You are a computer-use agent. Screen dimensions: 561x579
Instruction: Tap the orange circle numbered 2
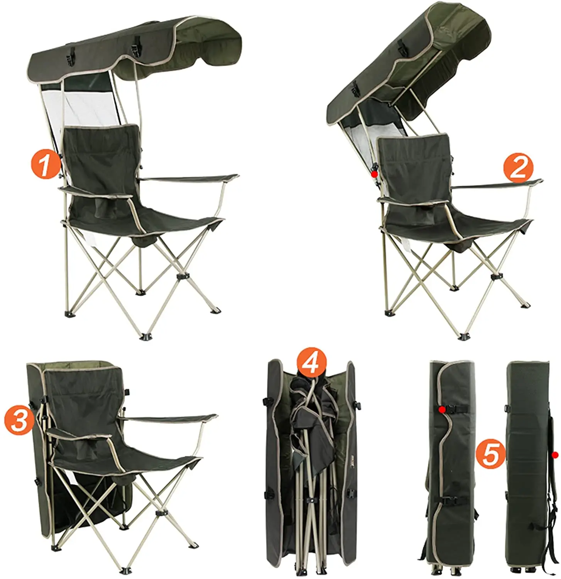(x=518, y=169)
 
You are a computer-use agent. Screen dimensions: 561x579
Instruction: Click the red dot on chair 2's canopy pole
(x=373, y=174)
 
